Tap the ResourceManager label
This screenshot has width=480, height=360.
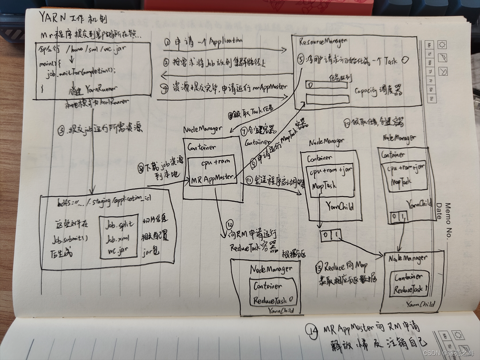tap(323, 41)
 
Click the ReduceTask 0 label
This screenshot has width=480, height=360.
tap(275, 300)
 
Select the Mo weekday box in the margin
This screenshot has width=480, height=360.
tap(430, 45)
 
